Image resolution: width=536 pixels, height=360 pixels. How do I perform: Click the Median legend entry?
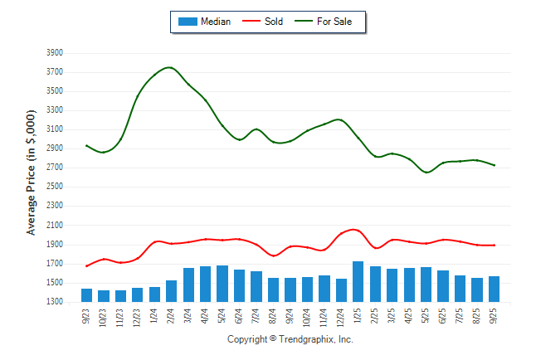[204, 22]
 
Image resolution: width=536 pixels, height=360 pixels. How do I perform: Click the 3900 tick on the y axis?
[54, 52]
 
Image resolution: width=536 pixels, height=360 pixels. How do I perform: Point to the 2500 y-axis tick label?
[54, 187]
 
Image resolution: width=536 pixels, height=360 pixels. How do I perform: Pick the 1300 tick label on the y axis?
[54, 303]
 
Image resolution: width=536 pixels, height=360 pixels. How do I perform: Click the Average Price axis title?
[32, 171]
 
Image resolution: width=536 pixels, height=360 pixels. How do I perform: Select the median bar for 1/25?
[358, 282]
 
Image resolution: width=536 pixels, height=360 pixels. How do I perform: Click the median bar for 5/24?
[222, 284]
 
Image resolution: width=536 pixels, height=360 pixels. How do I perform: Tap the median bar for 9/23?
[86, 295]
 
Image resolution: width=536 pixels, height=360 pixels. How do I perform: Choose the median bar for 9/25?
[494, 289]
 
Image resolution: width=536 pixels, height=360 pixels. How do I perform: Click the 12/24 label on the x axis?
[340, 318]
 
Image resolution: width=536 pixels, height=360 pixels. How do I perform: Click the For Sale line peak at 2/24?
[170, 67]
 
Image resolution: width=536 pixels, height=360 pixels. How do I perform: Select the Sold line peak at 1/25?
[354, 229]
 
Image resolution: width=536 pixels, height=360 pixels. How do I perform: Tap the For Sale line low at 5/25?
[426, 173]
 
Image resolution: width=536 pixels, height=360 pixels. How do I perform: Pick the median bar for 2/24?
[171, 291]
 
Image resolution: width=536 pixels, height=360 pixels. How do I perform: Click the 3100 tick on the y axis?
[54, 129]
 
